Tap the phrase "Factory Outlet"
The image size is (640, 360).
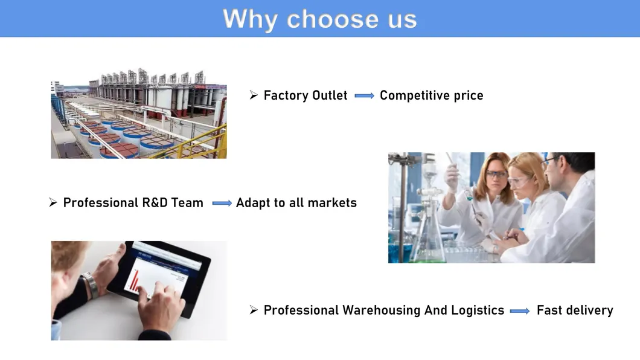(x=306, y=95)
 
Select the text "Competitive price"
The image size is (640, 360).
(x=431, y=95)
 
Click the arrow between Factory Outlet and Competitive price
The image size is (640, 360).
(x=364, y=96)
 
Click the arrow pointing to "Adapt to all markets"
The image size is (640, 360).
(x=222, y=204)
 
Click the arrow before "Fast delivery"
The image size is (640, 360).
(x=519, y=311)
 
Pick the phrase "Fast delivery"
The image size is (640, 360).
(x=575, y=310)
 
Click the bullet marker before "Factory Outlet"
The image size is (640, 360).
(x=254, y=95)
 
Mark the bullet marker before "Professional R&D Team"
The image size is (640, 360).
(x=53, y=203)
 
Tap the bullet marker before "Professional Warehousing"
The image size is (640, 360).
(x=254, y=310)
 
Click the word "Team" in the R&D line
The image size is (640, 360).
(x=187, y=203)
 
